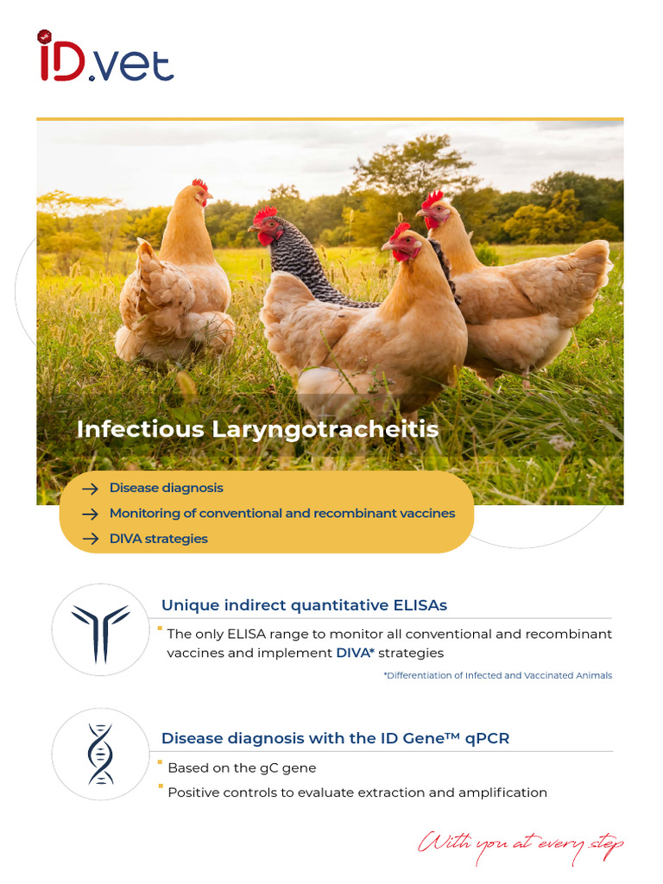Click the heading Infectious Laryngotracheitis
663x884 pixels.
coord(257,429)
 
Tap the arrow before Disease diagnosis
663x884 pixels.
coord(90,489)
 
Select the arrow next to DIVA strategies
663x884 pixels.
coord(90,539)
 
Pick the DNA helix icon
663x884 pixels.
coord(100,754)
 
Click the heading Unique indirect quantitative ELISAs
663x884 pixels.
coord(304,605)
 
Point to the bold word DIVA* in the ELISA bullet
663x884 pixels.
coord(355,653)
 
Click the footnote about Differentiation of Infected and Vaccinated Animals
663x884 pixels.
coord(497,675)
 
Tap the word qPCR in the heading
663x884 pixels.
coord(489,738)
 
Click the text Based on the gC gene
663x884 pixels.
coord(242,767)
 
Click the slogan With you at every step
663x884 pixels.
coord(521,843)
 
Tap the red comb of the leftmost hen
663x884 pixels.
coord(200,185)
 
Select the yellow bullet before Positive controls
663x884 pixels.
coord(160,786)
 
